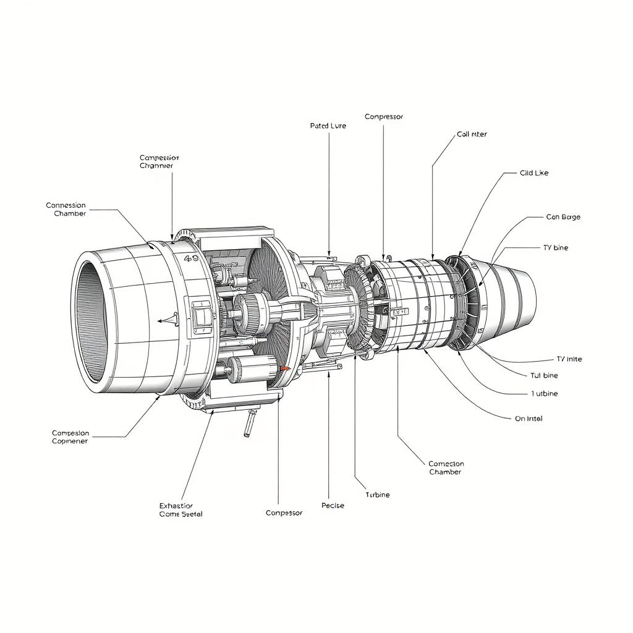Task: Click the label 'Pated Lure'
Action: [x=328, y=125]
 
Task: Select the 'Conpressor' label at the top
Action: [x=383, y=116]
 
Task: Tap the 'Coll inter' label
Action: [x=472, y=134]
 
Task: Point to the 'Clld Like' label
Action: [x=534, y=173]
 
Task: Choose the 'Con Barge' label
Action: [x=563, y=217]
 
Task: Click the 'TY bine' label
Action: [x=555, y=248]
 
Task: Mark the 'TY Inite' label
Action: [x=569, y=359]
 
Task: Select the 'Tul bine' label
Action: [x=544, y=375]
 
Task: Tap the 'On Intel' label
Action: [x=529, y=418]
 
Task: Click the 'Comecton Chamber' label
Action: [x=446, y=468]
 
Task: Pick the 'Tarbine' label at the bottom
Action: [x=378, y=495]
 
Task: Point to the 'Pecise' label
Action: [x=333, y=506]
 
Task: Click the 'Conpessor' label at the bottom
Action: [x=284, y=513]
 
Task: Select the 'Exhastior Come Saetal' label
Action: [x=181, y=509]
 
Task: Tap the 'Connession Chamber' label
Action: [x=66, y=209]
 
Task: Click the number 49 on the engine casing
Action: [x=191, y=260]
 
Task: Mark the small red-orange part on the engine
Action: [x=285, y=368]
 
